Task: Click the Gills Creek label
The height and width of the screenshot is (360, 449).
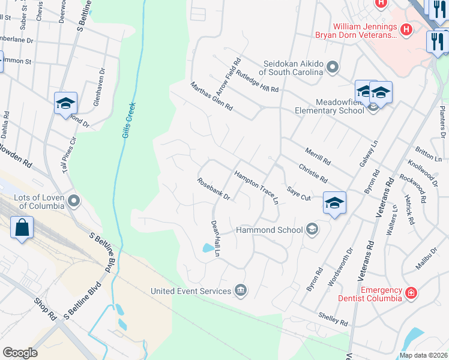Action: click(129, 120)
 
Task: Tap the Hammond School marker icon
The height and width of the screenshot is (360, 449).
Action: click(312, 229)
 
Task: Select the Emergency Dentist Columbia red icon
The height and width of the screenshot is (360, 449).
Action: click(411, 293)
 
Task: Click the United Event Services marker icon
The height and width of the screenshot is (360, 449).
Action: click(241, 291)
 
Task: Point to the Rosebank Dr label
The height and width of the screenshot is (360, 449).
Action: click(214, 189)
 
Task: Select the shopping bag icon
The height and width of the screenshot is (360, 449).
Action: click(22, 228)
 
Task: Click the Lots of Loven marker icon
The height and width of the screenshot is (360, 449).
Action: click(74, 201)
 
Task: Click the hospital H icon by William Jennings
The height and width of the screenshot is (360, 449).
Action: click(406, 28)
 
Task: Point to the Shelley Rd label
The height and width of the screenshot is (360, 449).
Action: click(333, 319)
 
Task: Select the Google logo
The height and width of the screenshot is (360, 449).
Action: click(20, 352)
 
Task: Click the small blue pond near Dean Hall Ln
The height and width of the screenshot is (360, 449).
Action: click(208, 248)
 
